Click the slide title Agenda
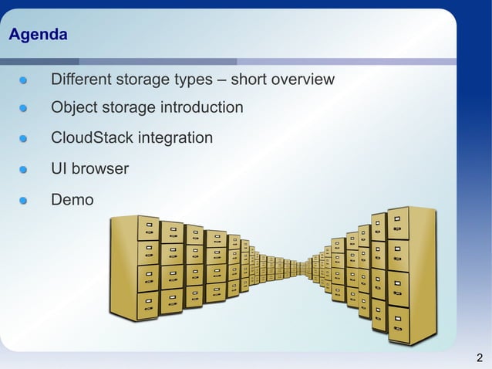37,36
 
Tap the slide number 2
480,357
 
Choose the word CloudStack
92,138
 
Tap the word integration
175,138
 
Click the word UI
59,168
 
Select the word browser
100,168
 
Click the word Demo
72,200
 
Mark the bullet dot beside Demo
24,201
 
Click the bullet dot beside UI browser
24,169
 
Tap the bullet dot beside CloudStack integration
24,139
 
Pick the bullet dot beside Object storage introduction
24,108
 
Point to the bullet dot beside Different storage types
24,80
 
